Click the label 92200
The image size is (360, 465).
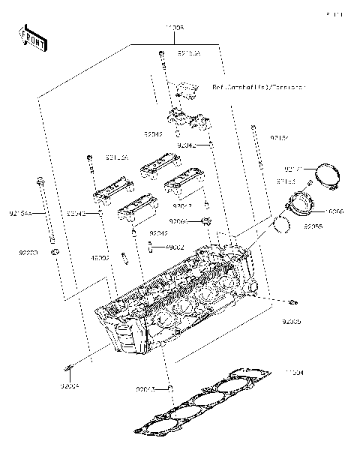pos(27,254)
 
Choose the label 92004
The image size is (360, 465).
pos(70,385)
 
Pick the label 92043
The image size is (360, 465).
pos(145,389)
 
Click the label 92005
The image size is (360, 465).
pos(291,321)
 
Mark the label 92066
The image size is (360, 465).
pos(178,221)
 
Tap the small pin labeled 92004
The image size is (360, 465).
pos(69,367)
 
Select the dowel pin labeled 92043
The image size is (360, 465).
pos(170,388)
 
